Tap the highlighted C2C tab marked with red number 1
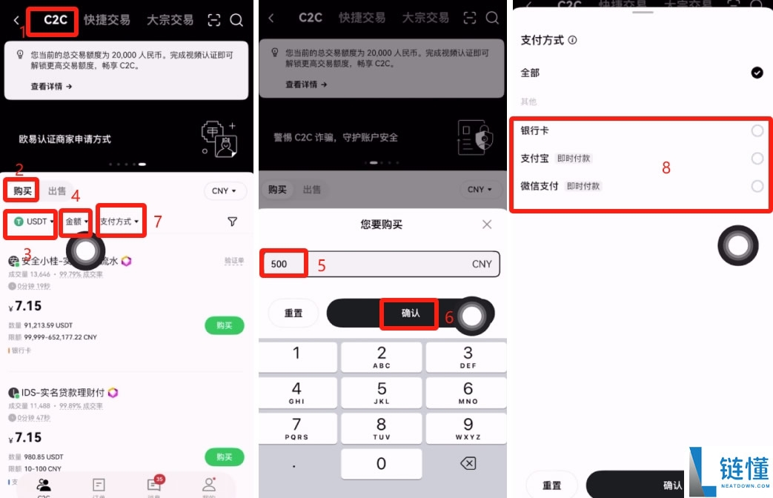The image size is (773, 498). click(x=56, y=20)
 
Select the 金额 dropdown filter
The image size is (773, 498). click(x=76, y=222)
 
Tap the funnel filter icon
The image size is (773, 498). click(x=232, y=222)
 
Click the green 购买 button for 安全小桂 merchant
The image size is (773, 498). click(x=224, y=325)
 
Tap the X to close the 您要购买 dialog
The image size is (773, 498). click(x=487, y=224)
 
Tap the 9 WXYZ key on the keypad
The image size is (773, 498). click(x=468, y=428)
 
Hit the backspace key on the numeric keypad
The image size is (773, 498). click(x=468, y=463)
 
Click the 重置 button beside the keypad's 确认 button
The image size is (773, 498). click(x=293, y=313)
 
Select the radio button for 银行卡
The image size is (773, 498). click(x=757, y=131)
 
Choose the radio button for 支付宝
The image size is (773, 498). click(x=757, y=159)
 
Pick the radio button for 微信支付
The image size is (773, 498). click(x=757, y=186)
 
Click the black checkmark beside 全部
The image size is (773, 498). click(x=757, y=73)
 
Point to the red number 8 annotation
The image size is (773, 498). click(x=666, y=168)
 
